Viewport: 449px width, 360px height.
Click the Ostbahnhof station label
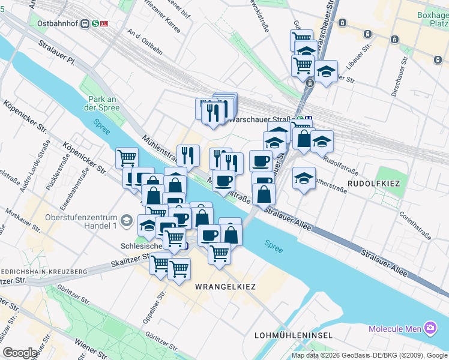58,23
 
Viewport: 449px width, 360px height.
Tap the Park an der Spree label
103,103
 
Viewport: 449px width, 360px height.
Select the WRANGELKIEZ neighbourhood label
225,287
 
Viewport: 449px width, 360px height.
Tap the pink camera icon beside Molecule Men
430,328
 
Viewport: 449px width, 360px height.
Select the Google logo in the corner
20,353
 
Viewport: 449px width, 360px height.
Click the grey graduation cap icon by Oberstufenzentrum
127,221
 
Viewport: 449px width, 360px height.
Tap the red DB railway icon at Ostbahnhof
104,23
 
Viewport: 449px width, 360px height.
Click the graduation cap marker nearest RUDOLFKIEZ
304,179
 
